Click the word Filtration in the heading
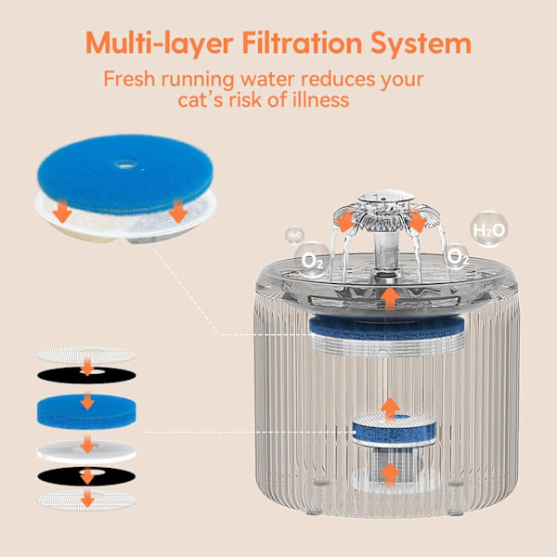point(302,43)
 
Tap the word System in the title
point(421,45)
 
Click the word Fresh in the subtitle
point(129,79)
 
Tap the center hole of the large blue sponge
point(125,163)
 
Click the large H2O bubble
point(489,230)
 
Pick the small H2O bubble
point(294,235)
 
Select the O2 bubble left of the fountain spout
point(312,260)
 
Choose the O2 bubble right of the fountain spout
point(456,256)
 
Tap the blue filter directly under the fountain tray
point(387,327)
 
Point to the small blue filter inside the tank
point(394,430)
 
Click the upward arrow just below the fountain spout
point(390,298)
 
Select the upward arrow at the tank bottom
point(390,473)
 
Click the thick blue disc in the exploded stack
point(86,411)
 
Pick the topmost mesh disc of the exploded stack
point(86,355)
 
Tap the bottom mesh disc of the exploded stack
point(86,499)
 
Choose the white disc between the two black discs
point(86,451)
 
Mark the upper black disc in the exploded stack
point(86,375)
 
